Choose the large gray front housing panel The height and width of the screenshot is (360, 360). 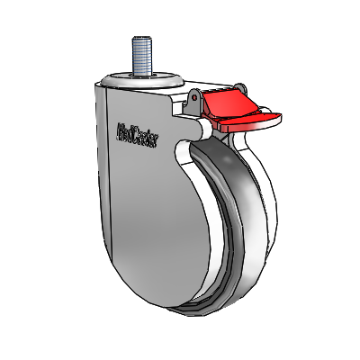click(x=153, y=216)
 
